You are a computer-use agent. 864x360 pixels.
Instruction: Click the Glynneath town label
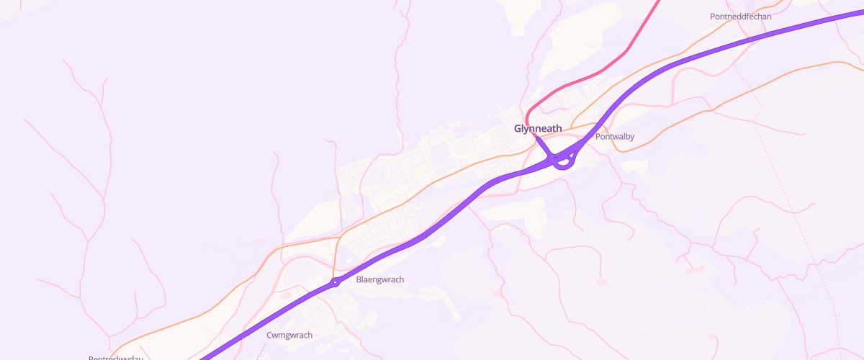(538, 128)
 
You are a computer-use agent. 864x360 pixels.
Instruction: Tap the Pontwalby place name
(615, 136)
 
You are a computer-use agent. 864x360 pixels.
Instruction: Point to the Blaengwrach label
(380, 279)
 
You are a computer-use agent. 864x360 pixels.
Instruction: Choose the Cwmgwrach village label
(289, 335)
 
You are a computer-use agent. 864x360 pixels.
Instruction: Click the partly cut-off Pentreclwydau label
(116, 358)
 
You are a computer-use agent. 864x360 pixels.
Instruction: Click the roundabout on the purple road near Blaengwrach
(335, 283)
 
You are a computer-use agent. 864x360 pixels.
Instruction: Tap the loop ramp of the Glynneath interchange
(565, 163)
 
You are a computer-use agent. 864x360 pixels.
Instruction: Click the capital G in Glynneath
(518, 128)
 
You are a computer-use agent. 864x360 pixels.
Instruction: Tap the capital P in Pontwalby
(598, 136)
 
